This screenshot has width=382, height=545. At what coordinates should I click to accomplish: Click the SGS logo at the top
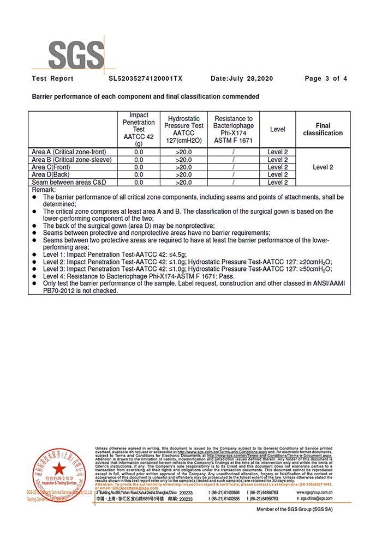click(76, 55)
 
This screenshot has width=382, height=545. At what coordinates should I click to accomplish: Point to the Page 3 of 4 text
click(326, 78)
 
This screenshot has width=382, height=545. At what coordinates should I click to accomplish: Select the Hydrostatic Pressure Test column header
click(184, 129)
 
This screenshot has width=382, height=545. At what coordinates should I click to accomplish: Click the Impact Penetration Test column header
click(139, 129)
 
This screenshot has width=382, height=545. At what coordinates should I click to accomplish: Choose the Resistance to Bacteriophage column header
click(233, 129)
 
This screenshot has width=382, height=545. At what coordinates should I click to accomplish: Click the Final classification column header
click(323, 129)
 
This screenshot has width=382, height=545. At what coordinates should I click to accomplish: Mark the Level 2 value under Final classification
click(323, 167)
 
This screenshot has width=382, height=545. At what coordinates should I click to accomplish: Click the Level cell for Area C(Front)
click(277, 167)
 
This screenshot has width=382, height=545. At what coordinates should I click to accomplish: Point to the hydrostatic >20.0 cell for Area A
click(184, 152)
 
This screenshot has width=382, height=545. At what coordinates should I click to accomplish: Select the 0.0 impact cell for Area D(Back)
click(139, 174)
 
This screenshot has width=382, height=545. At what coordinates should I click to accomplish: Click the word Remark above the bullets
click(44, 189)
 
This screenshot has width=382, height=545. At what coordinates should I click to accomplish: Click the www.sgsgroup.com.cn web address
click(314, 492)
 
